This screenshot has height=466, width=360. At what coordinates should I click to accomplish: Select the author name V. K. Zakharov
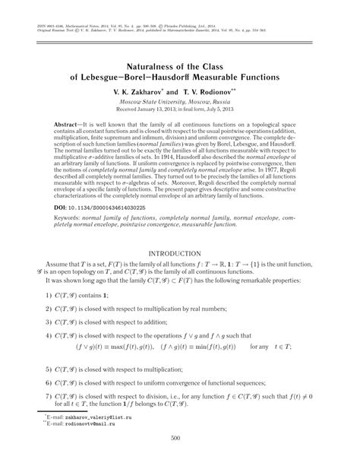[146, 90]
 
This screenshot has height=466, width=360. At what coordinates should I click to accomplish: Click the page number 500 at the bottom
[180, 458]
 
